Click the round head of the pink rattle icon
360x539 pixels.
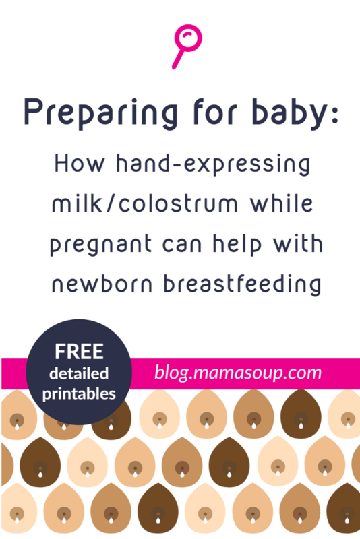click(188, 38)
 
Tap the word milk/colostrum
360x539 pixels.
click(145, 204)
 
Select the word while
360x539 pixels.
click(282, 203)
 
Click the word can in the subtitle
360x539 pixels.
click(182, 245)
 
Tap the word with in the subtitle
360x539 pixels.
click(298, 244)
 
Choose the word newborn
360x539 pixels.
click(102, 284)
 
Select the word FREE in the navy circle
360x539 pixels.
click(79, 352)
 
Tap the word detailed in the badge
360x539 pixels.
click(79, 374)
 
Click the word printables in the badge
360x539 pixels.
click(79, 394)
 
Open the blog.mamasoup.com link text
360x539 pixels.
click(238, 373)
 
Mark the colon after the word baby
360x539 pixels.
click(335, 115)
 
